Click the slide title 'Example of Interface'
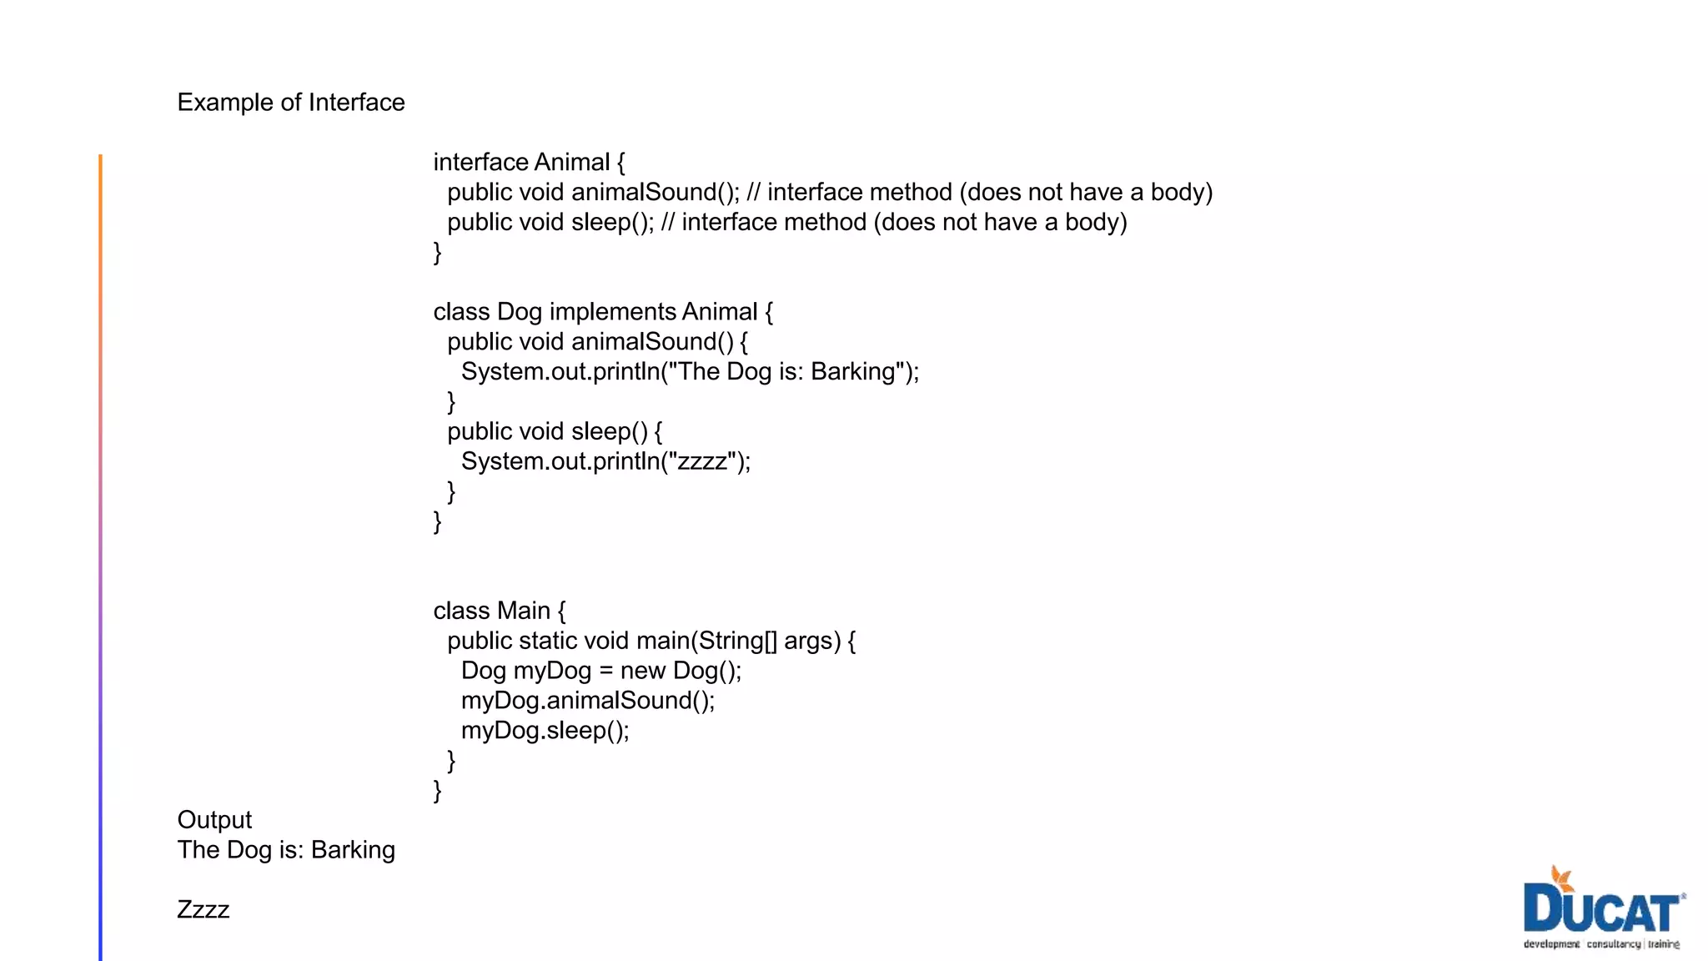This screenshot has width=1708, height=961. [x=290, y=102]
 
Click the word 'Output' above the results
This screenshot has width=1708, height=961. [x=214, y=820]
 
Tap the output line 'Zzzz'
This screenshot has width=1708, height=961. [x=203, y=909]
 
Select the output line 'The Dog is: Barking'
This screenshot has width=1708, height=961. [x=286, y=850]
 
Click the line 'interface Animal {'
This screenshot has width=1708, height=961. [x=529, y=162]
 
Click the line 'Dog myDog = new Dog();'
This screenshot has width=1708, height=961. [x=600, y=671]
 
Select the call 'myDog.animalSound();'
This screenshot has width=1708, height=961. [x=588, y=701]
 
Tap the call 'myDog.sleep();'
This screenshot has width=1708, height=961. [x=545, y=731]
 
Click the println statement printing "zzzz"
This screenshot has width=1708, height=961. [x=605, y=461]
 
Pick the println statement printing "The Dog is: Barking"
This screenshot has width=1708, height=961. [x=690, y=372]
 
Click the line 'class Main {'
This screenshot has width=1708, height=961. [x=499, y=611]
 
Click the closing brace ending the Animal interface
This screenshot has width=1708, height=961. [x=437, y=252]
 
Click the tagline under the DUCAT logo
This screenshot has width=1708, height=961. [x=1601, y=944]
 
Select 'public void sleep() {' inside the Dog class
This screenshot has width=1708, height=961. [x=555, y=431]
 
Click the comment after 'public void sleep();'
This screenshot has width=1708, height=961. [x=893, y=223]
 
